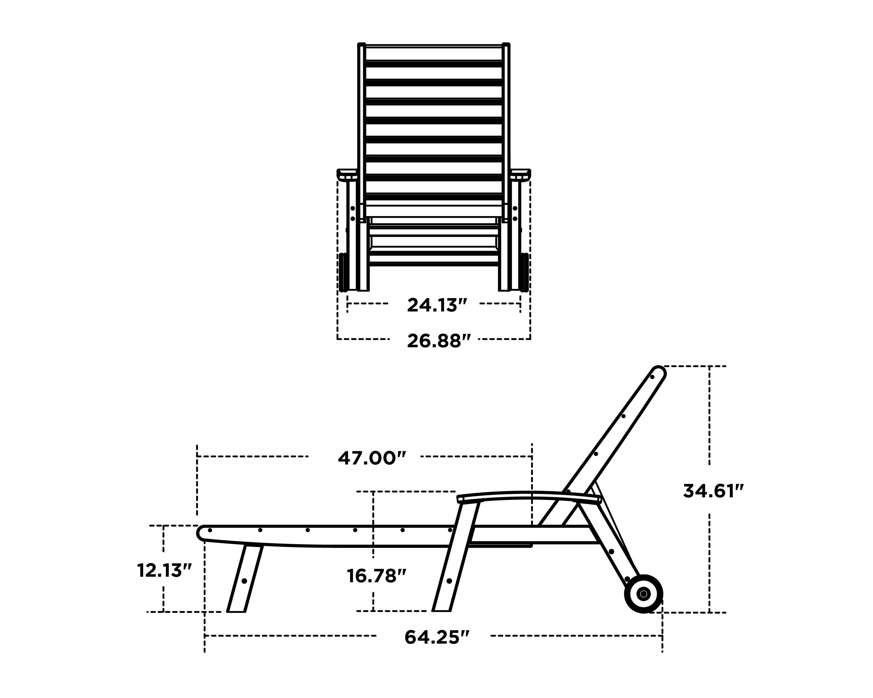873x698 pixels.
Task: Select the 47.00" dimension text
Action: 371,458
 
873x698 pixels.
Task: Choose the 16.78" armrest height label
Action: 376,576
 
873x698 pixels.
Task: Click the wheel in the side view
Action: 643,594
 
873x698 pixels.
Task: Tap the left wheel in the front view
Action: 343,272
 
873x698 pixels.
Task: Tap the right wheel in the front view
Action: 524,272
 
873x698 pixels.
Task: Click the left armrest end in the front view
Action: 347,174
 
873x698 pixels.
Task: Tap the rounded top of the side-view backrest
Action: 659,373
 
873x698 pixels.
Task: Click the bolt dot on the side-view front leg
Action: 244,581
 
